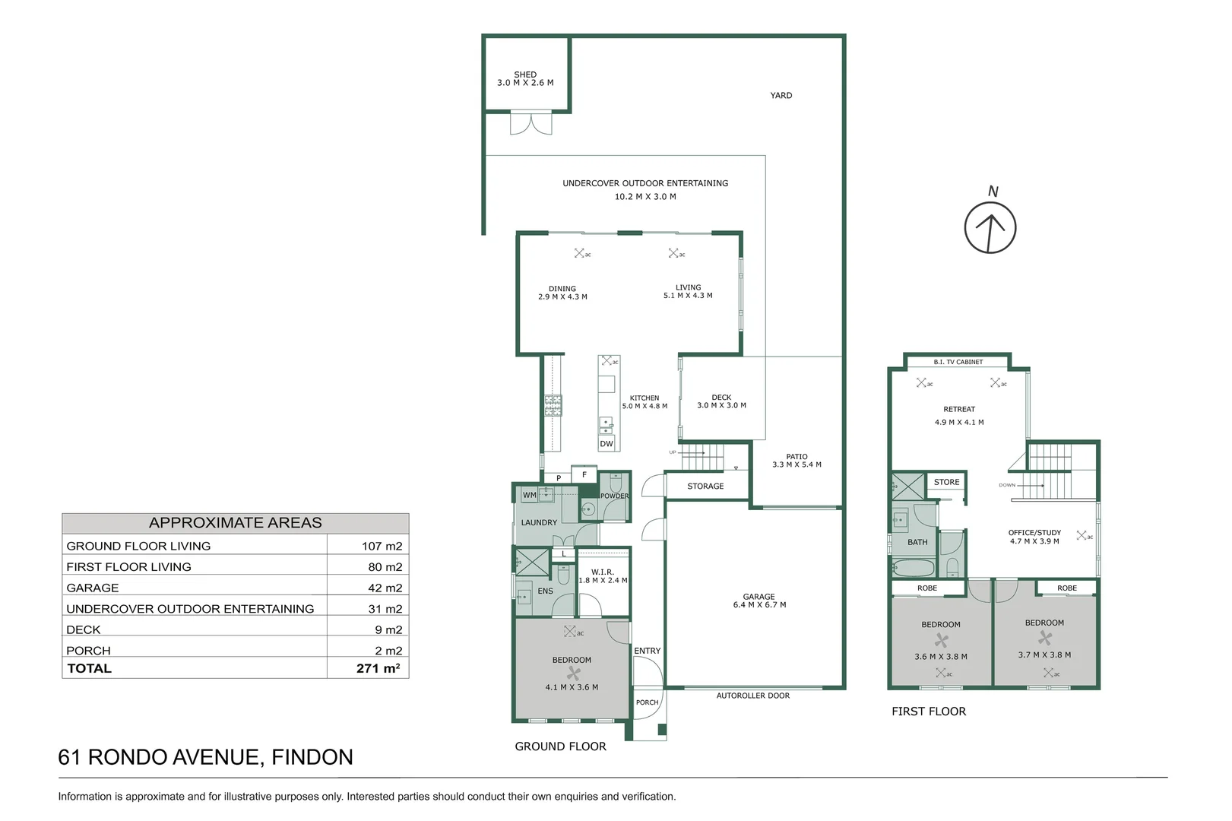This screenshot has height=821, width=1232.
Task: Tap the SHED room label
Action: pyautogui.click(x=525, y=74)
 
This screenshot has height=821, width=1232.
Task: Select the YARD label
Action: pyautogui.click(x=781, y=95)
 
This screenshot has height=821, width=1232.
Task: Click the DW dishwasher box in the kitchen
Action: pyautogui.click(x=606, y=443)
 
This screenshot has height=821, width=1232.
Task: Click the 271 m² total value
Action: pyautogui.click(x=378, y=668)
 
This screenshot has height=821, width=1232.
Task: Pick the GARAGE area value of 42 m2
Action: pyautogui.click(x=385, y=588)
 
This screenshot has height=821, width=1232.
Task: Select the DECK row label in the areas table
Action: pyautogui.click(x=84, y=629)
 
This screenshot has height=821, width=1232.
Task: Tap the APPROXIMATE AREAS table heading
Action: pyautogui.click(x=236, y=523)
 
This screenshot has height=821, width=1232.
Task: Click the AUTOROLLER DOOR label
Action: pyautogui.click(x=753, y=696)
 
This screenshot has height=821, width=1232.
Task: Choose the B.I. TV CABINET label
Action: pyautogui.click(x=958, y=362)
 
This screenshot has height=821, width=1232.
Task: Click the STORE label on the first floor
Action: pyautogui.click(x=946, y=482)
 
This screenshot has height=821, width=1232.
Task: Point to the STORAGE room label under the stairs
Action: pyautogui.click(x=705, y=486)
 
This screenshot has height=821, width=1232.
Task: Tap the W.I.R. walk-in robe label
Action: pyautogui.click(x=603, y=572)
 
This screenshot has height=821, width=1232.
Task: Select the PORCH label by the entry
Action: pyautogui.click(x=648, y=702)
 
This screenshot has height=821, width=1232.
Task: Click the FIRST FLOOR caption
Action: pyautogui.click(x=929, y=712)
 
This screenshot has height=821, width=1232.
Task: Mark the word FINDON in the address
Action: pyautogui.click(x=312, y=757)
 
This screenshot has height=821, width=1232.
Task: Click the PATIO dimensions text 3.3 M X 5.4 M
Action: pyautogui.click(x=797, y=464)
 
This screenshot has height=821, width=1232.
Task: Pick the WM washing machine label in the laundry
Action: pyautogui.click(x=529, y=495)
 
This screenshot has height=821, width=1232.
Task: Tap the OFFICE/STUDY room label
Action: pyautogui.click(x=1034, y=533)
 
